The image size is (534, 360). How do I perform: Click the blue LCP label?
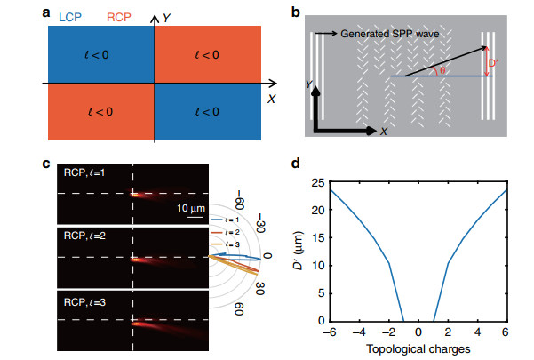(x=70, y=17)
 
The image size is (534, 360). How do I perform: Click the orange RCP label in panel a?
(x=119, y=17)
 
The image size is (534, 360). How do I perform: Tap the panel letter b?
(x=296, y=12)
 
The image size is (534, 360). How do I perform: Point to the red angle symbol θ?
(x=442, y=70)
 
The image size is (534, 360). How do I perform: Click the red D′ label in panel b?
(x=493, y=63)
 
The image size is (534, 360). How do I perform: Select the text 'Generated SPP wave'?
(x=389, y=34)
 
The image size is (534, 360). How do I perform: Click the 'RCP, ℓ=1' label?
(x=84, y=172)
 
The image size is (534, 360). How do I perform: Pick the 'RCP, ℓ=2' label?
(x=84, y=236)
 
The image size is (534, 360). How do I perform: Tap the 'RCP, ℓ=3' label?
(x=84, y=302)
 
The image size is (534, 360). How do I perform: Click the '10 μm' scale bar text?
(x=191, y=208)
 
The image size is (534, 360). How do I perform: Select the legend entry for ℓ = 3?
(x=226, y=244)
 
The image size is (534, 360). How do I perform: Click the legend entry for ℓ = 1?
(x=225, y=220)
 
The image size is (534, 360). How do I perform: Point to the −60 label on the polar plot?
(x=239, y=200)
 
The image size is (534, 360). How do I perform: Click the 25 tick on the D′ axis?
(x=318, y=183)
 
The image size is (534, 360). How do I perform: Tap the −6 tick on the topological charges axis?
(x=330, y=332)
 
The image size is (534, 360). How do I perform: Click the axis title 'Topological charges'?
(x=418, y=349)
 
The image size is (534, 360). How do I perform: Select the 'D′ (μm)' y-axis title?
(x=298, y=251)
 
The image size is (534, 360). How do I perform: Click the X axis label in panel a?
(x=271, y=99)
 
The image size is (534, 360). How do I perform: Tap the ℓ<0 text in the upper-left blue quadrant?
(x=97, y=55)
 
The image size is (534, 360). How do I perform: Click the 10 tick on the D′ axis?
(x=318, y=265)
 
